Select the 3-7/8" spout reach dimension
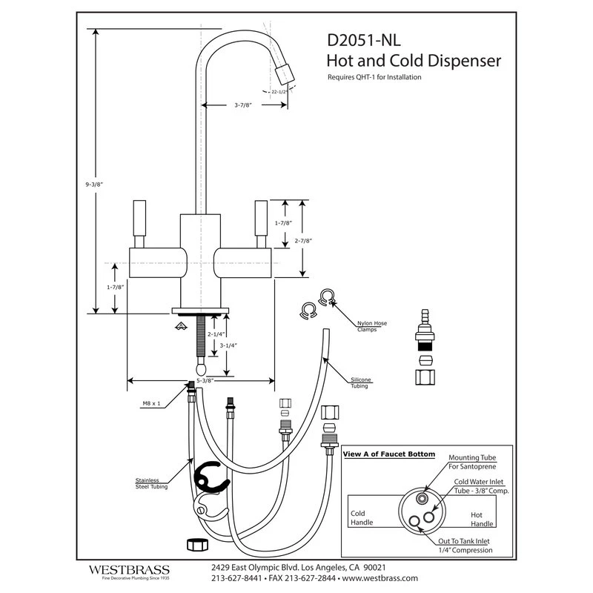click(244, 105)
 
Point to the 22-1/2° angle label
click(279, 92)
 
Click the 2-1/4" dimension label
click(216, 334)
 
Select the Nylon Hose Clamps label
click(368, 326)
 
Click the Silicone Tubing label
click(361, 383)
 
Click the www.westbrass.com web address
click(380, 577)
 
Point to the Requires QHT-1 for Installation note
click(374, 76)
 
